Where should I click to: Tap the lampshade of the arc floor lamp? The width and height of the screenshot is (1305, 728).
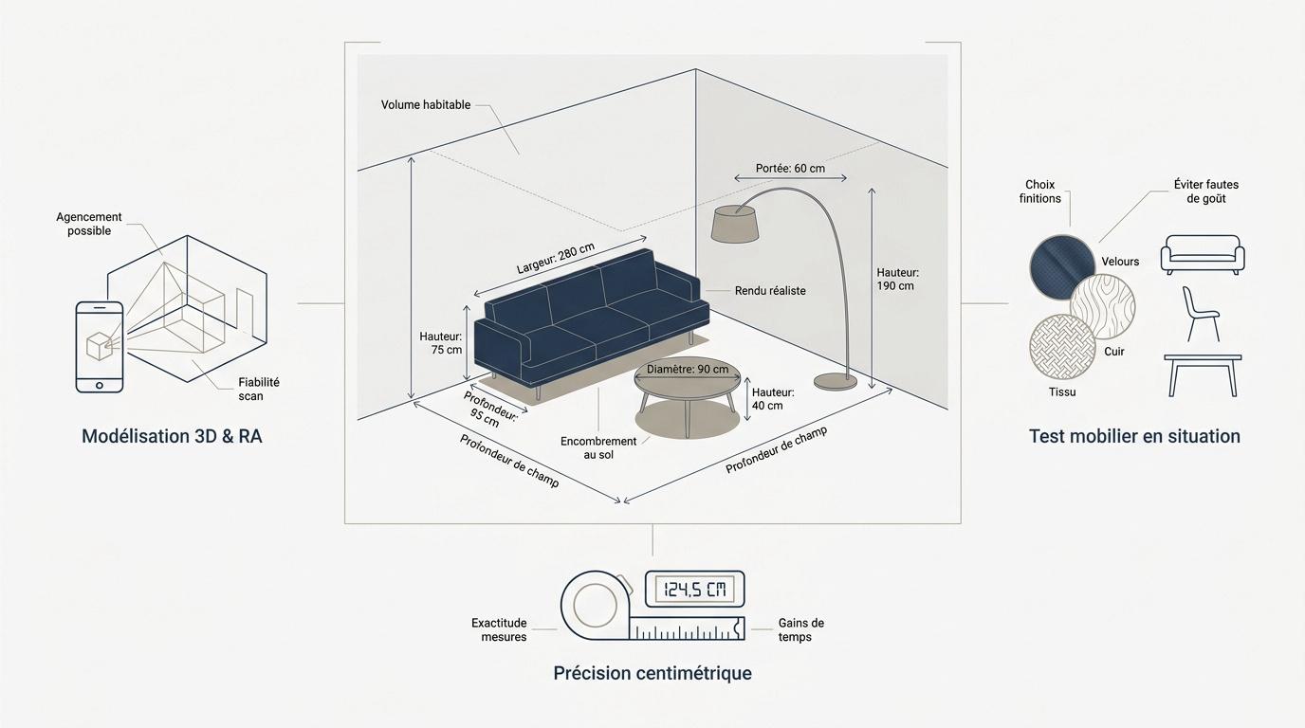click(735, 223)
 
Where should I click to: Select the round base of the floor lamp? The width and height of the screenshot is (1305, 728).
click(836, 381)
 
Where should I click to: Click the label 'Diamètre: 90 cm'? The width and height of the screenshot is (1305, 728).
click(688, 370)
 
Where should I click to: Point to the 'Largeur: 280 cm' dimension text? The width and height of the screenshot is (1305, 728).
click(555, 258)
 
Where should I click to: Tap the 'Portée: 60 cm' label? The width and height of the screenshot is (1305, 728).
click(790, 169)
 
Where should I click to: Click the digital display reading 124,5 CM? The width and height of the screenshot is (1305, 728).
click(694, 590)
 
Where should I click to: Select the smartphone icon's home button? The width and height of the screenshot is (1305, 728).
click(100, 385)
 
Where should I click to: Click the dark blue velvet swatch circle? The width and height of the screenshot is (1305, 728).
click(1062, 266)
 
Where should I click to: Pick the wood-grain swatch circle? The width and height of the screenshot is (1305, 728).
click(1103, 306)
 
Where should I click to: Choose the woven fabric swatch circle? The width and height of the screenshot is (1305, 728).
click(1062, 347)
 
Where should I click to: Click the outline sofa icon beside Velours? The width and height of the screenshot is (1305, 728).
click(1203, 254)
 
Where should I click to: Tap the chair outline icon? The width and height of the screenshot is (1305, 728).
click(1200, 315)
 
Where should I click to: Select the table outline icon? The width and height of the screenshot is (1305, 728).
click(1203, 375)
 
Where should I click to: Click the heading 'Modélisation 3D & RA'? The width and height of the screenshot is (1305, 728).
click(172, 436)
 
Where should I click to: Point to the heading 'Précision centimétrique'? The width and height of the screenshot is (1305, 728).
click(652, 673)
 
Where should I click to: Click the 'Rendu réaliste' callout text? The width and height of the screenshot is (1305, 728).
click(770, 291)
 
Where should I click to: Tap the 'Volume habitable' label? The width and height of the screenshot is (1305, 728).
click(426, 105)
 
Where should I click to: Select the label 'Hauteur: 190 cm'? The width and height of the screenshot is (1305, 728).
click(898, 279)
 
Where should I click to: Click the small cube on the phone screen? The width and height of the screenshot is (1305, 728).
click(99, 346)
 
